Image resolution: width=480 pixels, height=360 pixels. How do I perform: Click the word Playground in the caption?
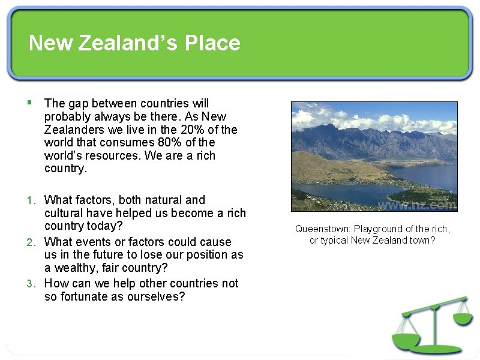point(379,229)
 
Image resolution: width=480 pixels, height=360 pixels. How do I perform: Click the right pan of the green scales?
point(463,319)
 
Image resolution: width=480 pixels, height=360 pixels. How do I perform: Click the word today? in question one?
point(105,226)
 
